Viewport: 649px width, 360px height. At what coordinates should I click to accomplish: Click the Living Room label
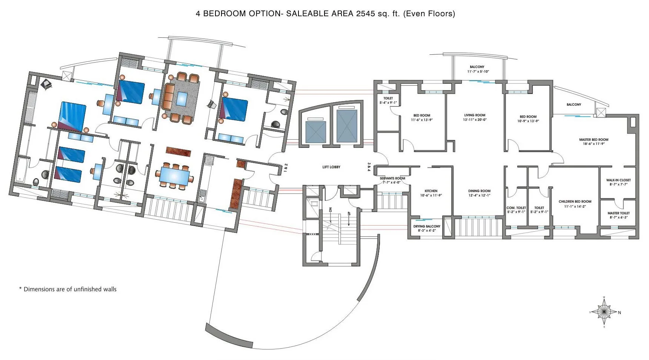coord(475,117)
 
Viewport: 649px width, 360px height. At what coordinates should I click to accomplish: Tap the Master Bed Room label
coord(594,142)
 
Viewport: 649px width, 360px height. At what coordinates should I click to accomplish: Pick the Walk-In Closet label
coord(618,182)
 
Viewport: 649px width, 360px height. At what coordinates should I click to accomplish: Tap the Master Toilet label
coord(618,215)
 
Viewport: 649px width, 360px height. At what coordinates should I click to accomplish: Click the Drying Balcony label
coord(426,228)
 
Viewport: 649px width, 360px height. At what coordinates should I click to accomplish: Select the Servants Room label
coord(392,180)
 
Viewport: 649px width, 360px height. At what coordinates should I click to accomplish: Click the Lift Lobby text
coord(331,167)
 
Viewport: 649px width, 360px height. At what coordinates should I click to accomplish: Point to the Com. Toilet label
coord(516,210)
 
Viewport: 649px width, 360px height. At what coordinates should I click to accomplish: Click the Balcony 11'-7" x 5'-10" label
coord(477,69)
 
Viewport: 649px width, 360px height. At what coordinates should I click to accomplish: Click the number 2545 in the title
coord(365,14)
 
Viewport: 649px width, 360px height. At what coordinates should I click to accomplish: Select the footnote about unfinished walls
coord(68,289)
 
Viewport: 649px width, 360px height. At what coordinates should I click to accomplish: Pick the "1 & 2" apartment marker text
coord(286,168)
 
